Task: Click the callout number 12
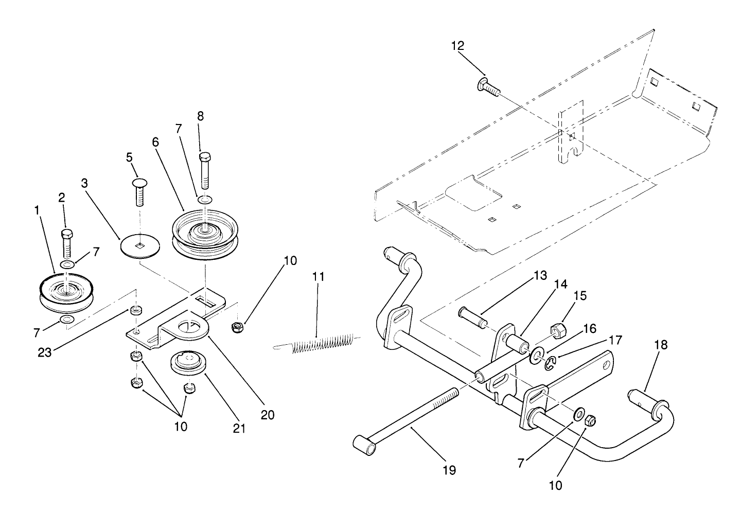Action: [457, 46]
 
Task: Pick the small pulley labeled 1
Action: [64, 294]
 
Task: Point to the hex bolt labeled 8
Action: [205, 169]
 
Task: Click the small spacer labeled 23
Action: [136, 310]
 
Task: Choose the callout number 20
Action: [268, 414]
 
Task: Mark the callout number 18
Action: [661, 344]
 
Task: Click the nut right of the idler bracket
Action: [238, 327]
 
